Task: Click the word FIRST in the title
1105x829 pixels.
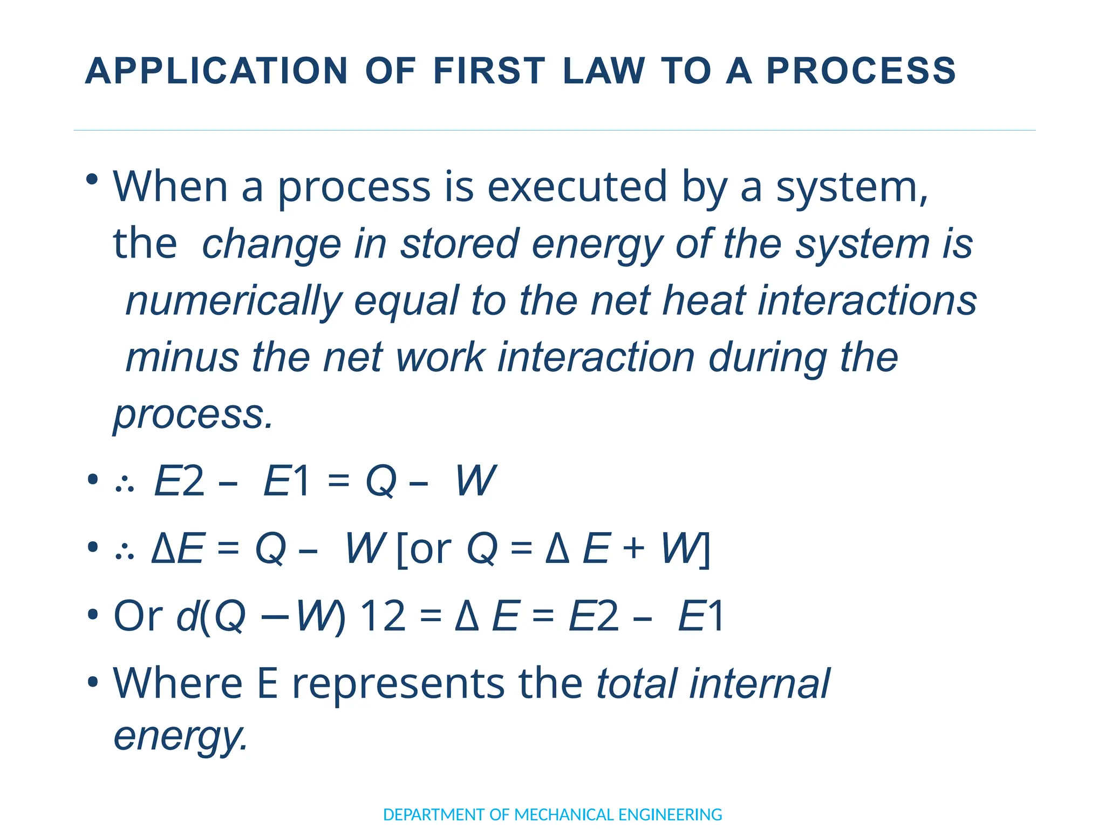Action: (489, 71)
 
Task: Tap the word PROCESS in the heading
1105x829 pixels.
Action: (861, 71)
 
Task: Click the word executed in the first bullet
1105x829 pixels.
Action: (577, 187)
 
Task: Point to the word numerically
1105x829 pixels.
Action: (234, 301)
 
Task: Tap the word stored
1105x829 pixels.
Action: (460, 244)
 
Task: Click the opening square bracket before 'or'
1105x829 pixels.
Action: (401, 550)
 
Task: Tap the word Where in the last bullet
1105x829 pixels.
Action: (178, 683)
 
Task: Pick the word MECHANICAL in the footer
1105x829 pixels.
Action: (564, 814)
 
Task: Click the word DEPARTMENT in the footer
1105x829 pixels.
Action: (434, 814)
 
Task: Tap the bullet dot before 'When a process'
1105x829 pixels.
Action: (93, 179)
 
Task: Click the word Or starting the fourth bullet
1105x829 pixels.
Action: (138, 616)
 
